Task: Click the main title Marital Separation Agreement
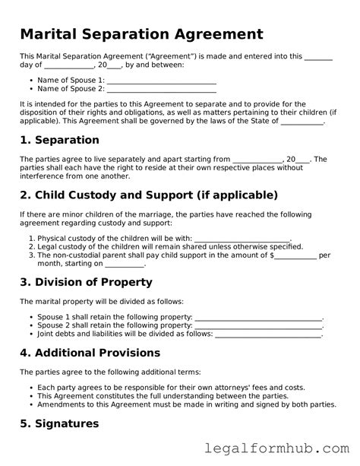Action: pos(141,34)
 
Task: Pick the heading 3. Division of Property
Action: pos(86,282)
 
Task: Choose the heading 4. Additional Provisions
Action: pos(90,353)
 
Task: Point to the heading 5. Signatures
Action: pos(59,423)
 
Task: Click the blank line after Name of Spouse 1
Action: pos(162,80)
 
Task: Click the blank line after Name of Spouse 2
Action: pos(162,89)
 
